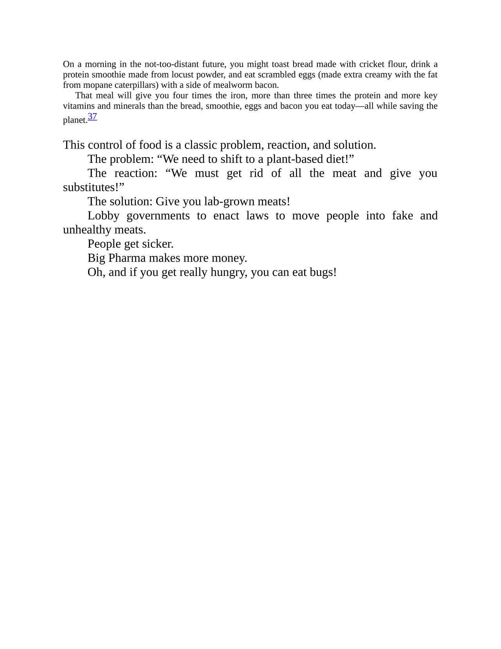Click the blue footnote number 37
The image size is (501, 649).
click(x=92, y=116)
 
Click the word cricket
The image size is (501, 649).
click(x=372, y=64)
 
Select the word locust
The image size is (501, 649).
click(x=182, y=74)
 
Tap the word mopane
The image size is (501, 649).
click(x=97, y=85)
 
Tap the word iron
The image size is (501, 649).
click(x=238, y=96)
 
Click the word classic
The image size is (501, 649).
click(x=200, y=145)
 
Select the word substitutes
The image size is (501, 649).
click(x=90, y=187)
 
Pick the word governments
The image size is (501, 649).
click(x=158, y=216)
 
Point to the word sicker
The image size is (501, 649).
click(x=157, y=244)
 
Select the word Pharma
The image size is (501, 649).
click(x=127, y=258)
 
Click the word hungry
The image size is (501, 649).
click(x=229, y=272)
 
